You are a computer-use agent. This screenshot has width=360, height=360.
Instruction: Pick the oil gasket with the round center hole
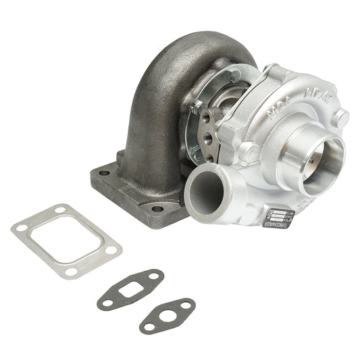tap(168, 315)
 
